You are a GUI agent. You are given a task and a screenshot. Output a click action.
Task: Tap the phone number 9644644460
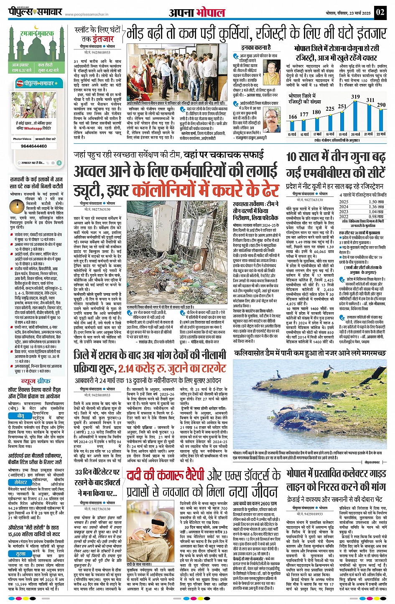tap(34, 146)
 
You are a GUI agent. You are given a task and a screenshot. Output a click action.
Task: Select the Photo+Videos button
tap(22, 139)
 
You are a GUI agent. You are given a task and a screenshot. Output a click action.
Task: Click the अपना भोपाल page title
tap(197, 13)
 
